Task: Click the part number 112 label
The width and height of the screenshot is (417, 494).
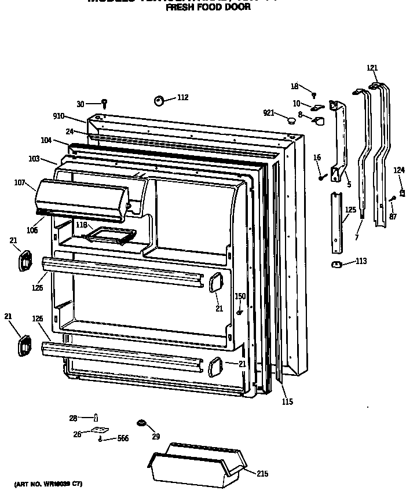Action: [182, 97]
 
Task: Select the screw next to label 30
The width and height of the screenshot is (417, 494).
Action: [104, 104]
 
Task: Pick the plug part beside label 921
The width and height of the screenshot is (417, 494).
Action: [291, 120]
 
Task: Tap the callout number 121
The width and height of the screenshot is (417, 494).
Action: [372, 68]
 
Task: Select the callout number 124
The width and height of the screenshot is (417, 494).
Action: [399, 170]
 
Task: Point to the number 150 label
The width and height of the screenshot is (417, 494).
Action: [240, 297]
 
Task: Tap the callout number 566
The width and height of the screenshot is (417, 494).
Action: [123, 438]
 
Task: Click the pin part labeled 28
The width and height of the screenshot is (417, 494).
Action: [96, 417]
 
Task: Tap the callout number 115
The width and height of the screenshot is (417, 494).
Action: [287, 402]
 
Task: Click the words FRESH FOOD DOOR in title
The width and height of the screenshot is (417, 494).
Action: [208, 8]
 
